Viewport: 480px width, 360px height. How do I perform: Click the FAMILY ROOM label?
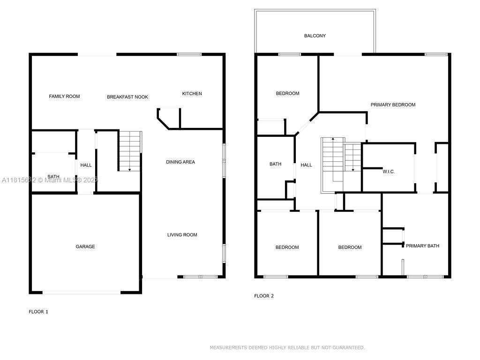tap(64, 97)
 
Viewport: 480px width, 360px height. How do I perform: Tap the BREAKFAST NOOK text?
tap(127, 97)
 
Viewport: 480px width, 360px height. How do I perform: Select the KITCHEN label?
tap(192, 94)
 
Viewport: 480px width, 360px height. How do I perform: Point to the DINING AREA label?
tap(180, 162)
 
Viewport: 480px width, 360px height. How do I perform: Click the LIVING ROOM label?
tap(182, 235)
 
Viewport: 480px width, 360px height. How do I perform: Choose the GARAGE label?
tap(85, 247)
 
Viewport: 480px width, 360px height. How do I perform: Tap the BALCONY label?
tap(315, 36)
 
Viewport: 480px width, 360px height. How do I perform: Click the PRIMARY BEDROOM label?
tap(393, 105)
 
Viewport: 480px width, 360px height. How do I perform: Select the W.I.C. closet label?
tap(389, 172)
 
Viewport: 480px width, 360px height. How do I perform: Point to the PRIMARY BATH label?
tap(422, 246)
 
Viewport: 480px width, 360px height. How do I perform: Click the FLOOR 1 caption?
tap(38, 312)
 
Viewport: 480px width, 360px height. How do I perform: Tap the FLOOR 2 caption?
tap(264, 296)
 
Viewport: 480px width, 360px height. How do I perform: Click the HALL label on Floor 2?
tap(306, 165)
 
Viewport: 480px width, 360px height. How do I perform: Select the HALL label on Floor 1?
tap(86, 165)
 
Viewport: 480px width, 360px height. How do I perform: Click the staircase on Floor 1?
tap(130, 151)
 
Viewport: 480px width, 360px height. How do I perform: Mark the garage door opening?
tap(82, 292)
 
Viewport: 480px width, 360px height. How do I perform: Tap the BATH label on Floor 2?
tap(276, 164)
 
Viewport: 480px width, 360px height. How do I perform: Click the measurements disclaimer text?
tap(287, 347)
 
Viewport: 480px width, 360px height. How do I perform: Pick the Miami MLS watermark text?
tap(50, 180)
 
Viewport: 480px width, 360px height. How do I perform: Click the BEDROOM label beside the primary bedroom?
tap(288, 93)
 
